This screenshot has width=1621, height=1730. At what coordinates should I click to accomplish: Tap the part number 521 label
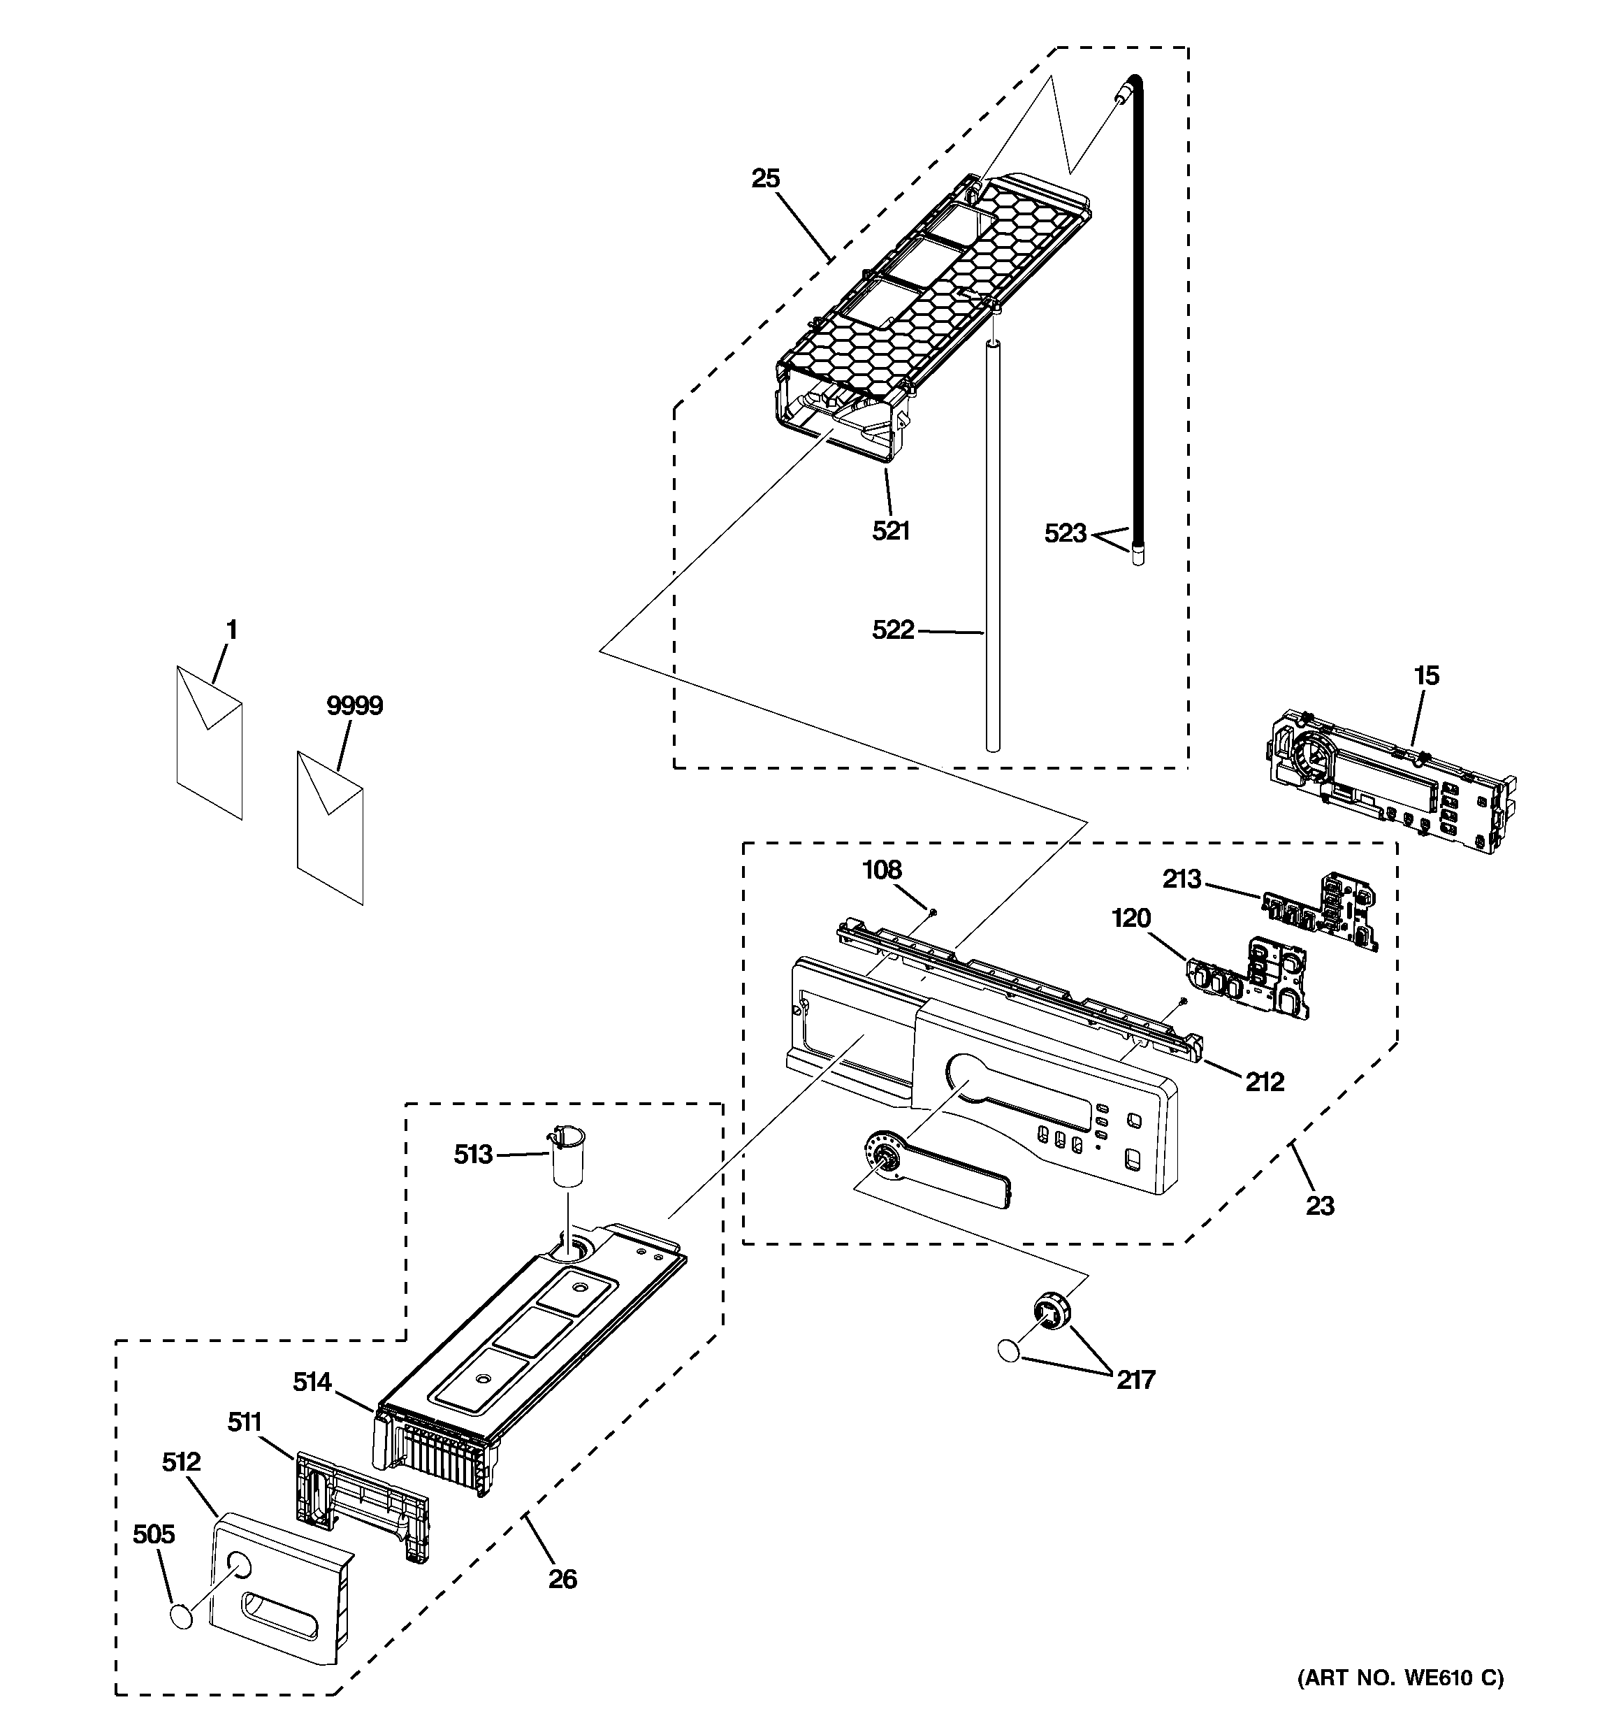coord(891,530)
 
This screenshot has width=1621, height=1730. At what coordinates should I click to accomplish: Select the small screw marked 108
coord(932,911)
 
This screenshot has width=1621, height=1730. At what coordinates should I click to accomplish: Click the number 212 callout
coord(1263,1081)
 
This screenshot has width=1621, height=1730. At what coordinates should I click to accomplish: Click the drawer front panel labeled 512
coord(278,1588)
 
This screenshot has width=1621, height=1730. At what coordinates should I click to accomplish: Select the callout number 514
coord(312,1381)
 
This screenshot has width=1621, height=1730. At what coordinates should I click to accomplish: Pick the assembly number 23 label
coord(1319,1205)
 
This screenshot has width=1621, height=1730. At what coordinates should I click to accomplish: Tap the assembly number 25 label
coord(766,178)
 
